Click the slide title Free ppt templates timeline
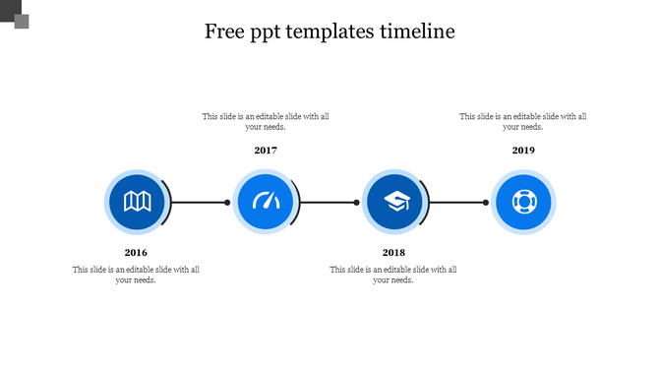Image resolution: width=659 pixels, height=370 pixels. point(329,31)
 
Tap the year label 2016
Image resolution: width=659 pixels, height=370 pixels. point(136,253)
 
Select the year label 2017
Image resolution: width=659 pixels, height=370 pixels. point(266,151)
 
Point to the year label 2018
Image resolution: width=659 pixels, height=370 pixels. point(393,253)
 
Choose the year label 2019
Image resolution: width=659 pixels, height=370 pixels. point(523,151)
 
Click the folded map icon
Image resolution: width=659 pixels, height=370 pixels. point(137,203)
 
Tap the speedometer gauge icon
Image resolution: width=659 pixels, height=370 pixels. point(266,203)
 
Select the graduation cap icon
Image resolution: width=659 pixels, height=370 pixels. point(394,203)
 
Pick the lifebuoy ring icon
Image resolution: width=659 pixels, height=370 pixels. point(523,203)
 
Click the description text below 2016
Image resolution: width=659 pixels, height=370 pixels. point(136,275)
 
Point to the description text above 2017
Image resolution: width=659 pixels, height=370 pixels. point(266,121)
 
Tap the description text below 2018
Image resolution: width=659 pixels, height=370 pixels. point(393,275)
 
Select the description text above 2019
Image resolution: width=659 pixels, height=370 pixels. point(523,121)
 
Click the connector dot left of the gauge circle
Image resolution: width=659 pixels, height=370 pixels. point(227,203)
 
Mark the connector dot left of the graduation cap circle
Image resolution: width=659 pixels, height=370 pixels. point(357,203)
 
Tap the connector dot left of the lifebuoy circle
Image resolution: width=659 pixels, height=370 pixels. point(486,203)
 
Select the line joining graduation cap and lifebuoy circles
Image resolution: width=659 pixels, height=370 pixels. point(457,203)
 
